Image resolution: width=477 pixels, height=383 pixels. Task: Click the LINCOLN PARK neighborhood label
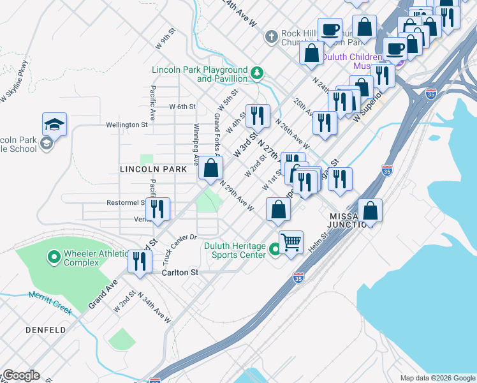153,169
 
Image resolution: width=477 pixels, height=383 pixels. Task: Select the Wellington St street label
127,125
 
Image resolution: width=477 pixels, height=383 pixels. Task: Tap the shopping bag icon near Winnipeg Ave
210,169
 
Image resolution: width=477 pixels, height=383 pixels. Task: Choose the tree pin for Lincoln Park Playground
257,73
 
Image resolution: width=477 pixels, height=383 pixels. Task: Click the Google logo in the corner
21,375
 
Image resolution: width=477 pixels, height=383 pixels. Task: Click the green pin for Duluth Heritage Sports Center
275,250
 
